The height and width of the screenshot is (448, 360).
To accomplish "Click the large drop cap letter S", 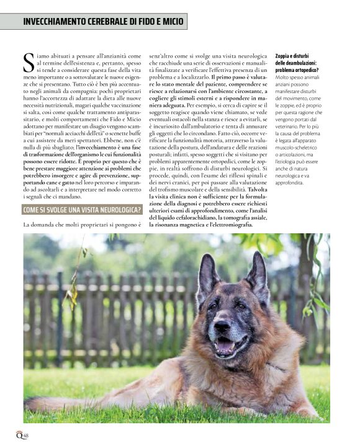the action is point(29,63).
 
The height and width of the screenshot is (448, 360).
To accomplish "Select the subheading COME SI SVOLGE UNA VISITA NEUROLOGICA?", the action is point(82,209).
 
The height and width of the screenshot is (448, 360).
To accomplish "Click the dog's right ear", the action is point(207,274).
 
